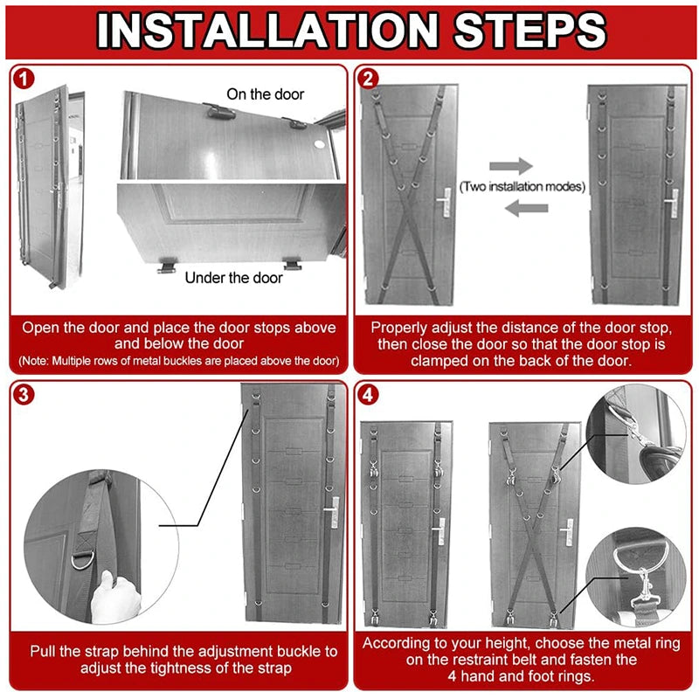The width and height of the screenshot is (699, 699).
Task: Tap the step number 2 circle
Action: pyautogui.click(x=369, y=79)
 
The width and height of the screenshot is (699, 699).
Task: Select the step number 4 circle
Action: pyautogui.click(x=369, y=395)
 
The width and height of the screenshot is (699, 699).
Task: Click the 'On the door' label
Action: pyautogui.click(x=266, y=93)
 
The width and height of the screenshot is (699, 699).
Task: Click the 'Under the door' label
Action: pyautogui.click(x=233, y=277)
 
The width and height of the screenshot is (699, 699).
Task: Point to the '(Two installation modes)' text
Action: pyautogui.click(x=523, y=186)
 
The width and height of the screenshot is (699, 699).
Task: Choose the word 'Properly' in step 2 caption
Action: pyautogui.click(x=401, y=328)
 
